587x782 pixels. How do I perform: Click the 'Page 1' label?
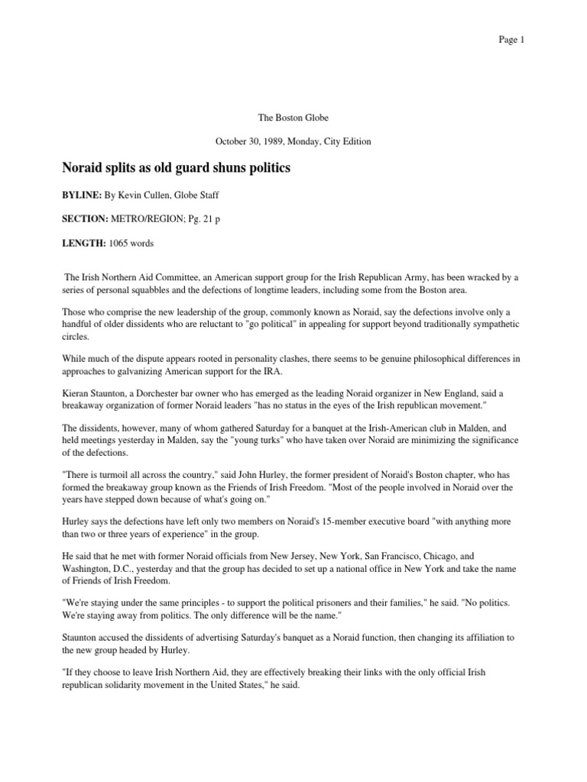[x=511, y=40]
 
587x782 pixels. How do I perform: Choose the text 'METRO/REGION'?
[x=141, y=219]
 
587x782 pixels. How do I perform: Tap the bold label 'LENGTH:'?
[x=83, y=244]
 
